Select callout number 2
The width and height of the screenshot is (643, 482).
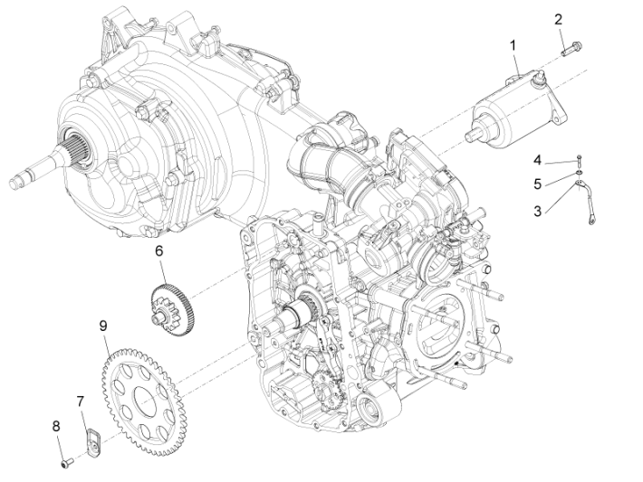pyautogui.click(x=558, y=19)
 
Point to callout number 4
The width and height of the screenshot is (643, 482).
pyautogui.click(x=537, y=160)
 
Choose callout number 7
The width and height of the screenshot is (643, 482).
pyautogui.click(x=80, y=400)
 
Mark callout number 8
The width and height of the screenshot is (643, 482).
pyautogui.click(x=55, y=425)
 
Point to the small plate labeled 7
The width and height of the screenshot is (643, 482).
pyautogui.click(x=91, y=439)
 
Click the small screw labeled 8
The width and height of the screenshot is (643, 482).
pyautogui.click(x=66, y=463)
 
